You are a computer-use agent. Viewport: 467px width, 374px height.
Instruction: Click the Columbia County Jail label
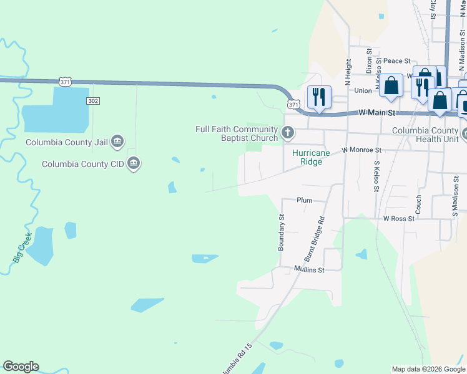coord(67,142)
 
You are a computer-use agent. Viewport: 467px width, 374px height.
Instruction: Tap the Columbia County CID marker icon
coord(133,164)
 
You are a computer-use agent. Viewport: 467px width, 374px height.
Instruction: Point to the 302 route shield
coord(94,100)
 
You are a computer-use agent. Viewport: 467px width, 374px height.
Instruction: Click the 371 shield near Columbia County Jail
coord(66,82)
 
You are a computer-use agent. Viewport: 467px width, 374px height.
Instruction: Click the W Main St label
coord(378,113)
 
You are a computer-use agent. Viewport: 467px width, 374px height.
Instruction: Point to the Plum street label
coord(304,200)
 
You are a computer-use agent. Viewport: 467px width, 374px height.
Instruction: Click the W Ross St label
coord(399,219)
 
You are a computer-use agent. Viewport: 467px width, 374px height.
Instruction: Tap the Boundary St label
coord(281,233)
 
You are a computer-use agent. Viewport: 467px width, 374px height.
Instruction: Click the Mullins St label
coord(310,270)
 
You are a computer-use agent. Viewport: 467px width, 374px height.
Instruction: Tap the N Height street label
coord(348,72)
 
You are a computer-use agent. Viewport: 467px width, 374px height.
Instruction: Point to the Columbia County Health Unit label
coord(425,135)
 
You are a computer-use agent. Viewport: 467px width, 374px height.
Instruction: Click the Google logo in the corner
coord(21,367)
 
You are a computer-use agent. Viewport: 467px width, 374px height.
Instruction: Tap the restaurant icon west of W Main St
coord(319,97)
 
